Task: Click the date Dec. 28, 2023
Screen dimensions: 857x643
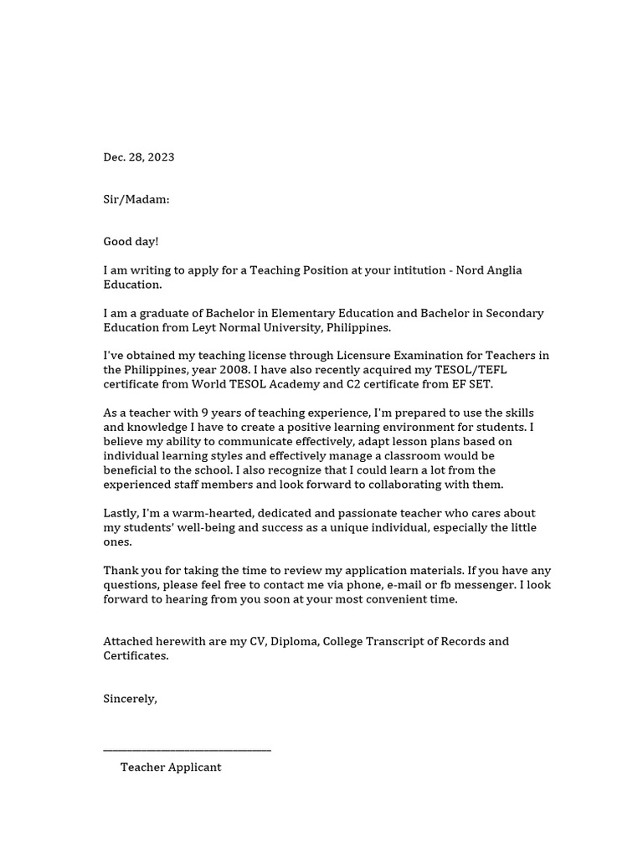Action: point(139,157)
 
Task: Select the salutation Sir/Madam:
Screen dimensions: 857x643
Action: point(136,199)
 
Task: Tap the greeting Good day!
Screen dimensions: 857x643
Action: point(131,242)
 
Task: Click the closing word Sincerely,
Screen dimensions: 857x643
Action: point(130,699)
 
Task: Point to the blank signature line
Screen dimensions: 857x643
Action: point(187,750)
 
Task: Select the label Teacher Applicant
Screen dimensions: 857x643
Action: point(171,767)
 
